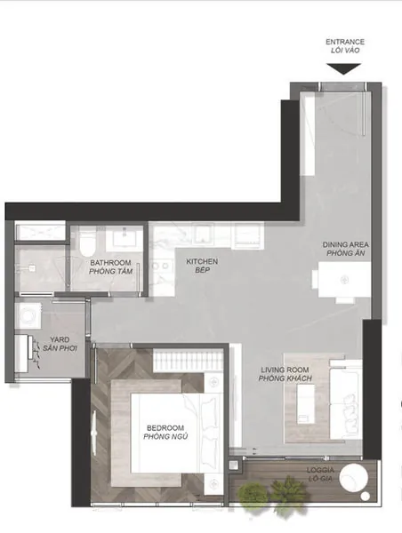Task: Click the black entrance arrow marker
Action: tap(343, 68)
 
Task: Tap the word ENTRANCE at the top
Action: tap(345, 42)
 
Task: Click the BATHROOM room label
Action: tap(110, 263)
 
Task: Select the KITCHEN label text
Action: tap(202, 261)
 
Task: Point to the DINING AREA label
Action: tap(345, 244)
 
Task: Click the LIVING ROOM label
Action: tap(285, 370)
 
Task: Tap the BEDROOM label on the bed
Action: tap(165, 428)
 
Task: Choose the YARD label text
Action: tap(60, 339)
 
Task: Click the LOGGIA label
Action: tap(320, 470)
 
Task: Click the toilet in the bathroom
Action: tap(87, 243)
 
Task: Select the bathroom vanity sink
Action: tap(124, 238)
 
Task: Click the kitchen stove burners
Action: tap(162, 265)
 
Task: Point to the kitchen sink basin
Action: tap(203, 235)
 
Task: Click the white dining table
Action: tap(345, 280)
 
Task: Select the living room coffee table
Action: tap(306, 403)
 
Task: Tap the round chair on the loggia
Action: tap(354, 478)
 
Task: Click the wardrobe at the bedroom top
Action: tap(188, 361)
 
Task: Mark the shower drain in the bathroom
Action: tap(31, 268)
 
